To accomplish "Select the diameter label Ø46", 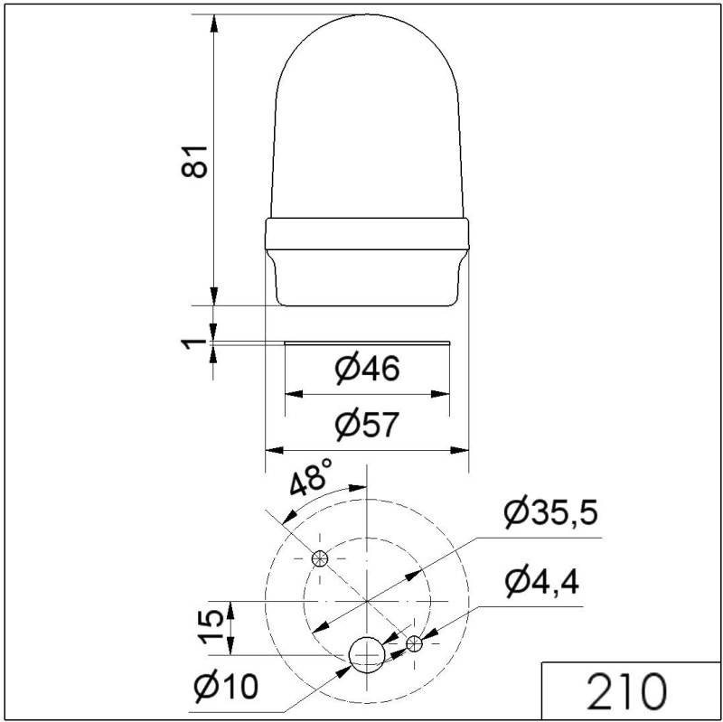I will coord(366,369).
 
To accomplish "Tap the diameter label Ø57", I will coord(366,425).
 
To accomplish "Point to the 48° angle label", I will coord(312,479).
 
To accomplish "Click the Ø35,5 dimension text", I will coord(550,513).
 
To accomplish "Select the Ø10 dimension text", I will coord(225,687).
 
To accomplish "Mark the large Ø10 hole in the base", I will coord(367,653).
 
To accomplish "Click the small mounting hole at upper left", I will coord(318,558).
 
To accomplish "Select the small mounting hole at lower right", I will coord(414,643).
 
